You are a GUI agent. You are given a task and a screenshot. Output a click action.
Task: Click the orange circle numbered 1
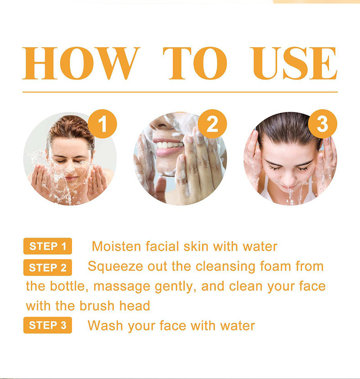tap(102, 124)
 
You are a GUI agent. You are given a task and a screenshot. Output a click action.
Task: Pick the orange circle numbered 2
tap(212, 124)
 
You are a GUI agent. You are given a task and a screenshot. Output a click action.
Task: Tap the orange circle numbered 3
tap(322, 124)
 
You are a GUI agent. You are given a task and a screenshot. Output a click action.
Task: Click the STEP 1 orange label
tap(48, 246)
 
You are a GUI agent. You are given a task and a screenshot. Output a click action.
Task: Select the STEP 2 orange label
tap(48, 268)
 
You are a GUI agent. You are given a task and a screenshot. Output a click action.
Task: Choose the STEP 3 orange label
tap(48, 325)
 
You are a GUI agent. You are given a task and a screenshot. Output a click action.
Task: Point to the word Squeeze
tap(115, 266)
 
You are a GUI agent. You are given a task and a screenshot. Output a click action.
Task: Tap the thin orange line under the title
tap(180, 92)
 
